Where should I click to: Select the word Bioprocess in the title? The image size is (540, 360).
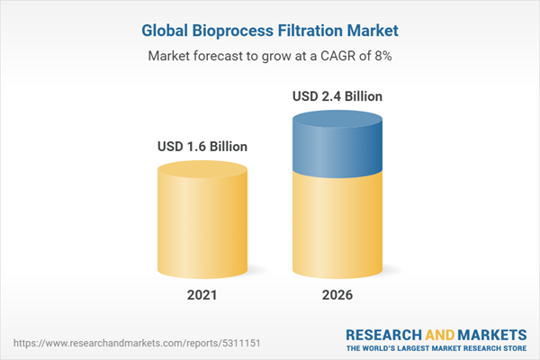coord(236,31)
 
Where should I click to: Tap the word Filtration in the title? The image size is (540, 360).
coord(315,31)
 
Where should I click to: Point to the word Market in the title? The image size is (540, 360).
coord(376,31)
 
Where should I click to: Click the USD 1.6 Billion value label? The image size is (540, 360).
coord(202,146)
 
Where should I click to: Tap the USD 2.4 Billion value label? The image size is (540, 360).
coord(337,96)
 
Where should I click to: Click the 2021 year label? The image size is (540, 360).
coord(202,296)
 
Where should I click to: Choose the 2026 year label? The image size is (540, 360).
coord(337,296)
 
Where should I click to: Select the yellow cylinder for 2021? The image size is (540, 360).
coord(202,225)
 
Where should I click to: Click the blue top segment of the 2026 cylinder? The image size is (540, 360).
coord(337,144)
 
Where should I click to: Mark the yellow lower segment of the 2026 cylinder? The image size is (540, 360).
coord(337,225)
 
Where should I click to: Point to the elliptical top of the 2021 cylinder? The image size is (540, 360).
coord(202,170)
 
